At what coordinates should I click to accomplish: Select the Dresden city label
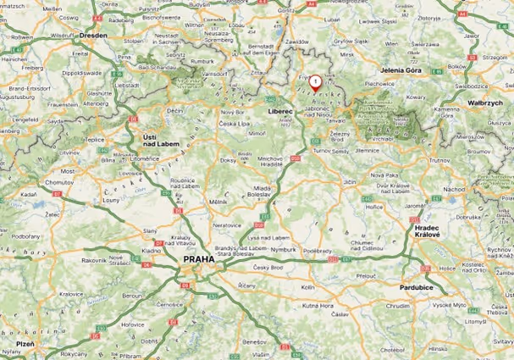tap(93, 36)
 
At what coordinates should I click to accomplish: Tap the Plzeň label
tap(25, 343)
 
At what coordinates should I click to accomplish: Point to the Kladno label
tap(152, 251)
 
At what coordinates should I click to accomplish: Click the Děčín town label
tap(175, 111)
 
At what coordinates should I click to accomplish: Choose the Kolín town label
tap(307, 288)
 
